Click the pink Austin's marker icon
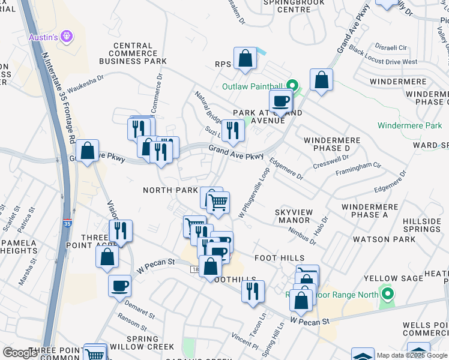(x=67, y=37)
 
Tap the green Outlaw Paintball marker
(x=292, y=86)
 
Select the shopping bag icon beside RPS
(x=245, y=59)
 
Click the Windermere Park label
(x=409, y=126)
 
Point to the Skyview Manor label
(x=293, y=216)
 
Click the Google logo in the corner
(x=20, y=353)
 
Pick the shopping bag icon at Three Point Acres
(x=107, y=256)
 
